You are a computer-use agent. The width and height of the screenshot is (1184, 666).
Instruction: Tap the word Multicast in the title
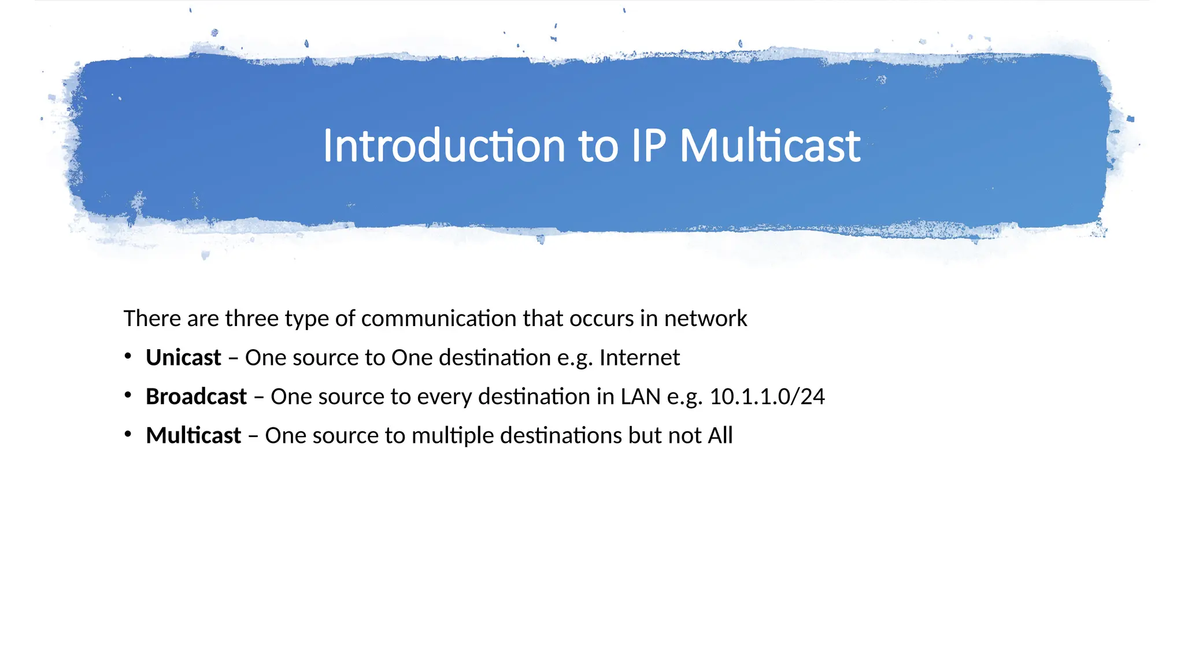click(769, 146)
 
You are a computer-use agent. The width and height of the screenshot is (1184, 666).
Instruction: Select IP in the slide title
click(648, 146)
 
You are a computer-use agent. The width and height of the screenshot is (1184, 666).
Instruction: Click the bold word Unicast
click(183, 358)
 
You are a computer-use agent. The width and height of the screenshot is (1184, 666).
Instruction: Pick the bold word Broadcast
click(196, 397)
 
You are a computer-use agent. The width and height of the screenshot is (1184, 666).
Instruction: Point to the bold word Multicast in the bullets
click(193, 435)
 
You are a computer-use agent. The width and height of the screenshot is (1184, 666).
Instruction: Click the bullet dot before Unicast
click(128, 357)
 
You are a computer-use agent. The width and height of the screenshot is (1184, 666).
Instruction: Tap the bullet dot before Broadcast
click(128, 395)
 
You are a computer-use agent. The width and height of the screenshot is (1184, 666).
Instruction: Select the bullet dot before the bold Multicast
click(128, 434)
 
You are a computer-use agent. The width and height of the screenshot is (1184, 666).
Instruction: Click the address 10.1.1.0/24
click(767, 397)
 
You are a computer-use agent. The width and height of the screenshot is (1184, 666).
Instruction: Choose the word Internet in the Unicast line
click(639, 358)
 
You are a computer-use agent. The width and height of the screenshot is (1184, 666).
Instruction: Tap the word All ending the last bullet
click(720, 435)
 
